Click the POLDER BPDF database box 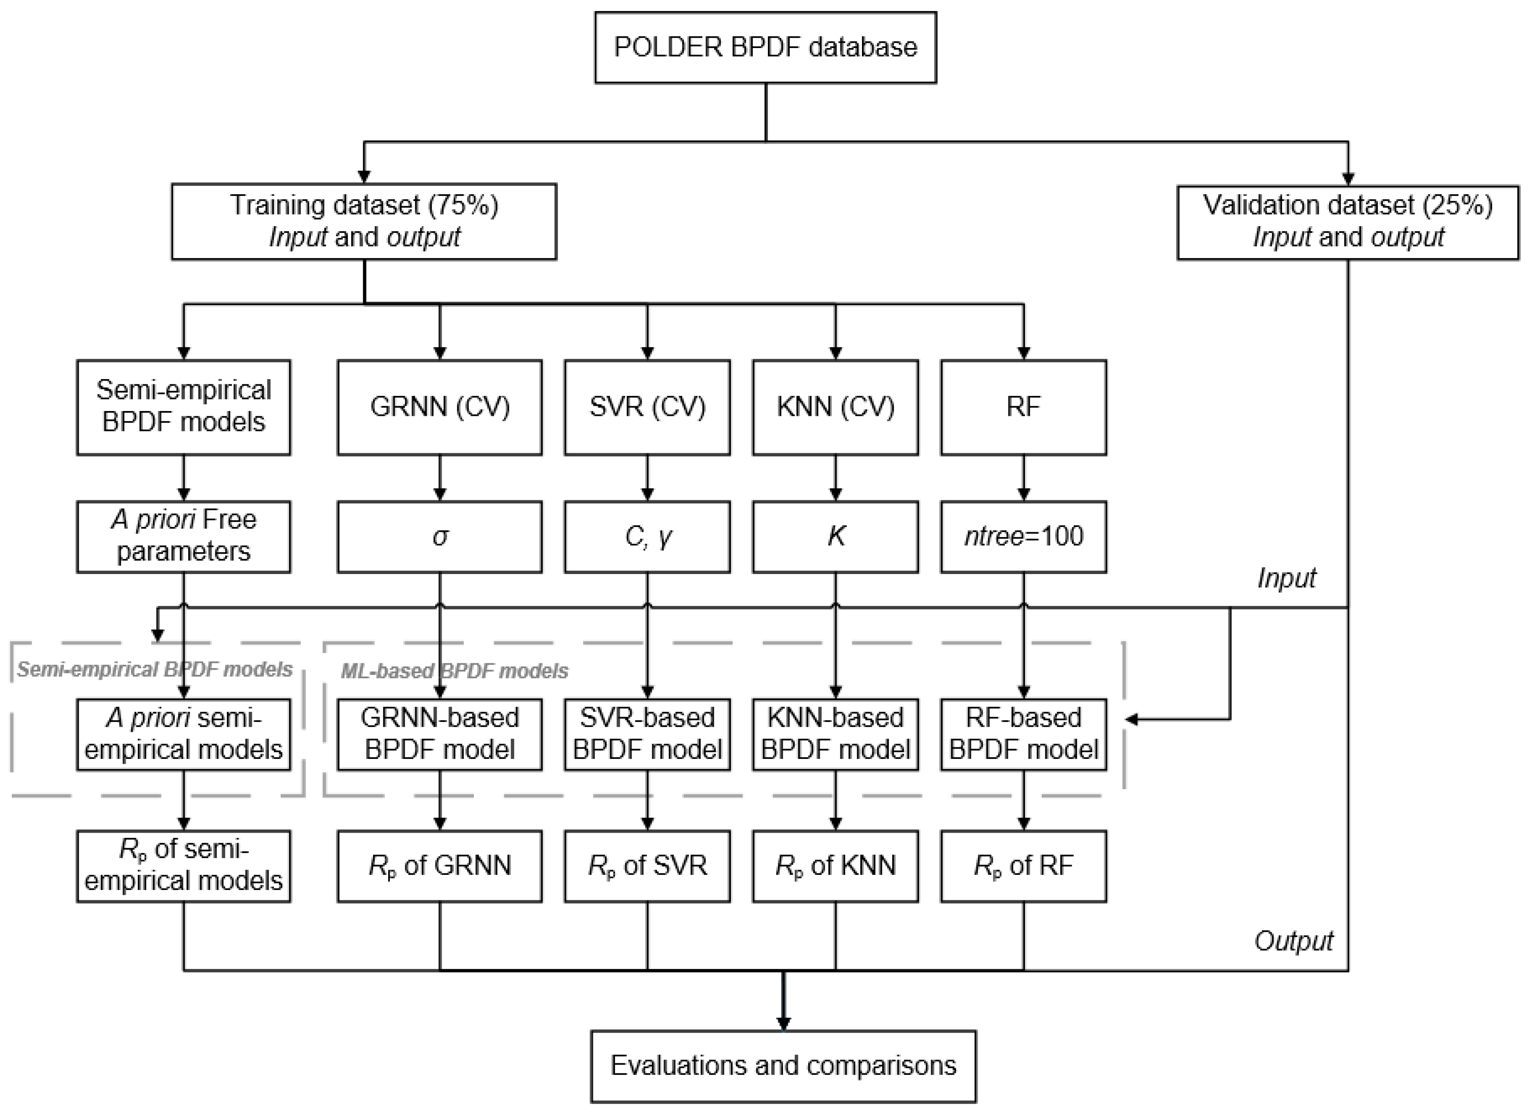765,48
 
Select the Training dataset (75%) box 364,221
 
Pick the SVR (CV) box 647,407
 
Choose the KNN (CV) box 835,407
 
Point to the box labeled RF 1023,407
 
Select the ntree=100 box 1023,537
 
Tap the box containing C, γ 647,537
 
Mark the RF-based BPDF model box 1023,734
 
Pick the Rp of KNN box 835,866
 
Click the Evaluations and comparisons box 783,1066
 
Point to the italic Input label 1286,578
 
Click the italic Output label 1293,941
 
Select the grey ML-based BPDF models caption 454,671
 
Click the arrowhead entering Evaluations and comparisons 783,1024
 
